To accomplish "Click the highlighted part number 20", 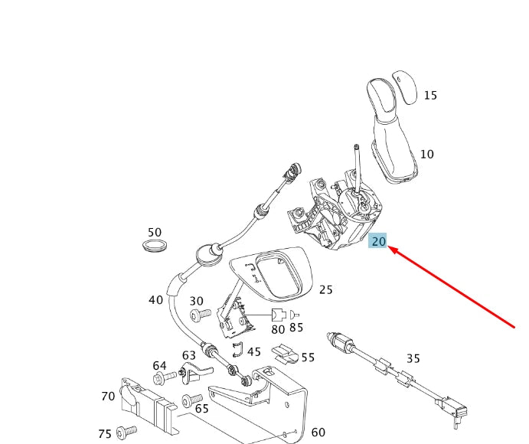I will click(378, 241).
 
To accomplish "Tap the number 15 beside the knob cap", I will click(430, 96).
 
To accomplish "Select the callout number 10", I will click(426, 154).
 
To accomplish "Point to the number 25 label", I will click(326, 289).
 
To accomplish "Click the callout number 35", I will click(413, 357).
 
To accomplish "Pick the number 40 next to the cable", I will click(155, 300).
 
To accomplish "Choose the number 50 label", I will click(155, 232).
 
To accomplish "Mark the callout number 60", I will click(318, 433).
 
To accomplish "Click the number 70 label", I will click(108, 396).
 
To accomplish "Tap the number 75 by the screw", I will click(105, 434).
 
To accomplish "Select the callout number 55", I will click(308, 357).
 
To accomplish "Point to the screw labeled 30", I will click(199, 314).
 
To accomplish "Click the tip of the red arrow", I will click(391, 249).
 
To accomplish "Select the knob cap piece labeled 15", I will click(404, 86).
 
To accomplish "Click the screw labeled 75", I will click(125, 432).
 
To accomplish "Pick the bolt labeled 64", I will click(160, 379).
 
